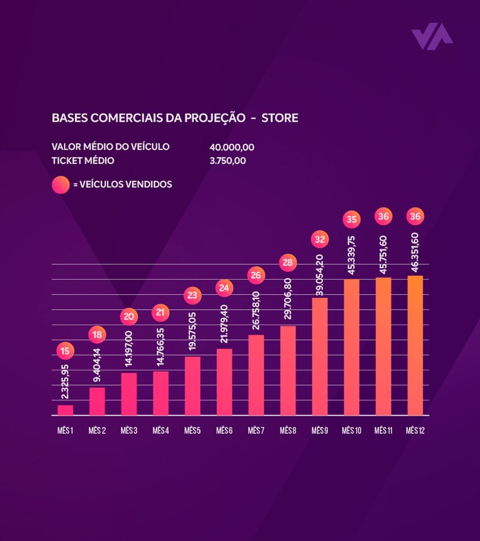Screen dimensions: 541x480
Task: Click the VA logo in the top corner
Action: [x=432, y=36]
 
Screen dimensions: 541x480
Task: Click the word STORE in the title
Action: [x=280, y=118]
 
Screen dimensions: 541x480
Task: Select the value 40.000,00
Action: [x=232, y=147]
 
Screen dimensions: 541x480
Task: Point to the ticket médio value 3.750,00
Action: [x=228, y=161]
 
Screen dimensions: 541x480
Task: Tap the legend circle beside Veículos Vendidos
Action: [x=61, y=185]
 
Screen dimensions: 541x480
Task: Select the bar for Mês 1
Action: [x=65, y=410]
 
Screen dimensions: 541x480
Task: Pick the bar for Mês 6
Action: [x=224, y=382]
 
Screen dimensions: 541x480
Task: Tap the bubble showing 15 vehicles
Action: [x=65, y=351]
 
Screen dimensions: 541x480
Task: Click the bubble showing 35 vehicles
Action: [x=352, y=219]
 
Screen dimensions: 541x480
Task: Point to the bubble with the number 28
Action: [x=288, y=262]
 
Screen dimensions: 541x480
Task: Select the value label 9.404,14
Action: [x=97, y=365]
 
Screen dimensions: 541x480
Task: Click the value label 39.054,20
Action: [x=320, y=275]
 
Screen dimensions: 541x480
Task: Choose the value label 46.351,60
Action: [x=415, y=252]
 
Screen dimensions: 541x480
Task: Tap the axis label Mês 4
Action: [x=161, y=431]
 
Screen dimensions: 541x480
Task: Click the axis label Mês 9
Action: [x=320, y=431]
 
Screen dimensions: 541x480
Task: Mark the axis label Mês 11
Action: [x=383, y=431]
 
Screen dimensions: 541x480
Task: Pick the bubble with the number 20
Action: [x=129, y=317]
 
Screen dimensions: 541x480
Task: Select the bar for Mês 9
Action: [x=320, y=357]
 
